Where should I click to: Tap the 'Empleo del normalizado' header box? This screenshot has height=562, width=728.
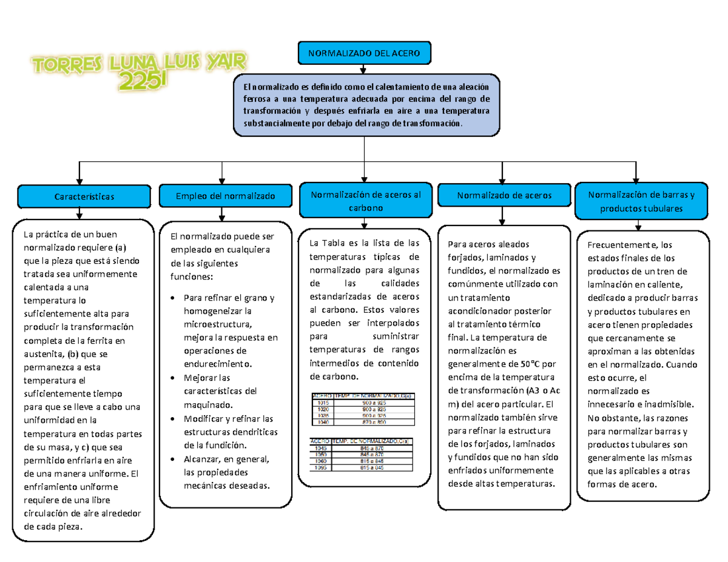pyautogui.click(x=225, y=196)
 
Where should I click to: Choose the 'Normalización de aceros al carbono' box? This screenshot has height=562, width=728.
pyautogui.click(x=365, y=201)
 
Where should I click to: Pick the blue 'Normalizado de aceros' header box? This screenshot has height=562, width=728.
pyautogui.click(x=504, y=196)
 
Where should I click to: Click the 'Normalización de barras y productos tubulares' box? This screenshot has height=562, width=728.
pyautogui.click(x=641, y=201)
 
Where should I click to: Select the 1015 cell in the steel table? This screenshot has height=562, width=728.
pyautogui.click(x=322, y=402)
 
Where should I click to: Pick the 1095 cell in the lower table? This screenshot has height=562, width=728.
pyautogui.click(x=320, y=467)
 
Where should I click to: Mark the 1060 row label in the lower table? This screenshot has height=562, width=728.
pyautogui.click(x=320, y=461)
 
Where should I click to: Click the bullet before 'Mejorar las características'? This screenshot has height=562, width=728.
pyautogui.click(x=175, y=378)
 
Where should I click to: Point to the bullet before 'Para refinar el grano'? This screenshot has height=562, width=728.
pyautogui.click(x=175, y=298)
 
